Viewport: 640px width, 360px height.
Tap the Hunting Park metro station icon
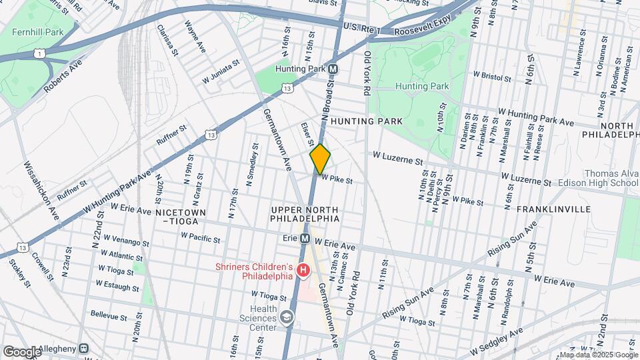point(333,69)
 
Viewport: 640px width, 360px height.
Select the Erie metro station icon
point(305,238)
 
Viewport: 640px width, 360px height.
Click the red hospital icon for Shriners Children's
point(303,271)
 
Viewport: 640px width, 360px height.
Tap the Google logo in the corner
point(22,351)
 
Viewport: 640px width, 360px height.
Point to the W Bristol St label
point(492,77)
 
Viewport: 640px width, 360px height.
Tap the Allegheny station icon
point(84,348)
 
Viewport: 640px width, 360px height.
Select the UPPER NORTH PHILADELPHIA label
point(305,214)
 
